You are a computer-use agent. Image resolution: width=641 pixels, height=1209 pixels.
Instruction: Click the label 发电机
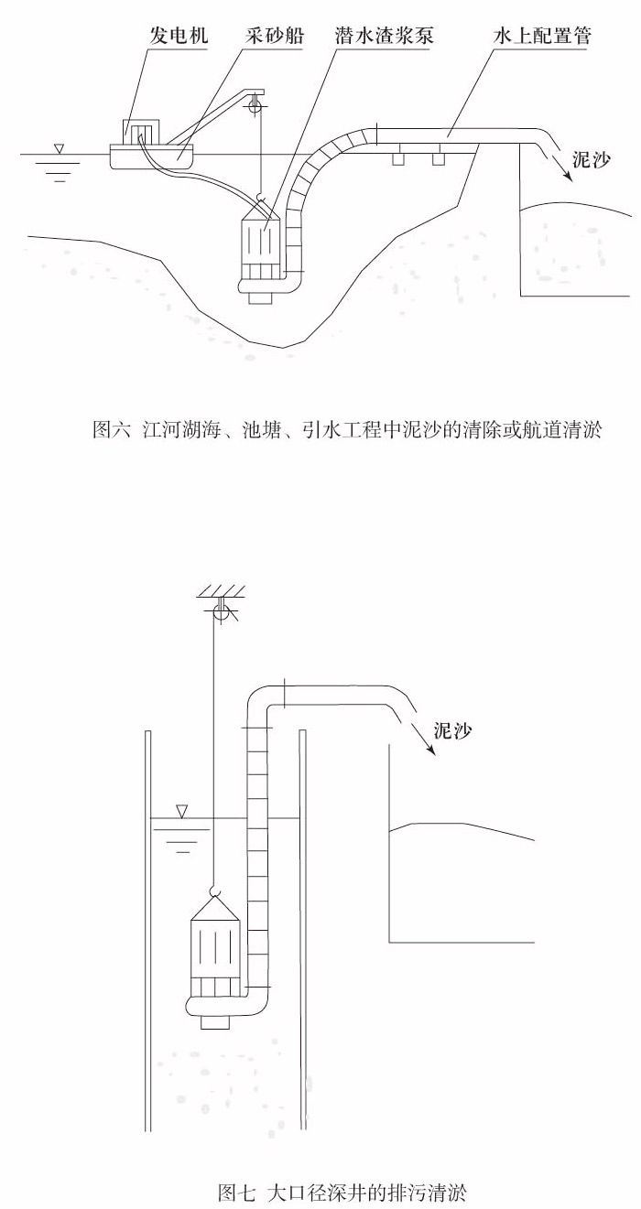pyautogui.click(x=179, y=36)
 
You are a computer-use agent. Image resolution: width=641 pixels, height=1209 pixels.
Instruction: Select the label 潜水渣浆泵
pyautogui.click(x=384, y=36)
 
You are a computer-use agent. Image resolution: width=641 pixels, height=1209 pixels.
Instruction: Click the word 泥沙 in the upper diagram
pyautogui.click(x=591, y=160)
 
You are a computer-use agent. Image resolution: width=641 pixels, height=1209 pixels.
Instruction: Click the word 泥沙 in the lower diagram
pyautogui.click(x=452, y=730)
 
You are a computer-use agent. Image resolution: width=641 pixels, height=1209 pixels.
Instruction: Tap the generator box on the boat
pyautogui.click(x=142, y=132)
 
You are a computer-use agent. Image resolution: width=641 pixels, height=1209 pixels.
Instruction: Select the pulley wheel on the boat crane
pyautogui.click(x=255, y=104)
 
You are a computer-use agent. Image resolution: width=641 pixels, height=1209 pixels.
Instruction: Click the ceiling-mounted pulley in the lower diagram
pyautogui.click(x=222, y=612)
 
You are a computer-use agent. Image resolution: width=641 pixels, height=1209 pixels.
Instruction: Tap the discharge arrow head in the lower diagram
pyautogui.click(x=431, y=747)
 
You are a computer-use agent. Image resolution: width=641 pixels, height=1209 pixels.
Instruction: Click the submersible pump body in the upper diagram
pyautogui.click(x=259, y=254)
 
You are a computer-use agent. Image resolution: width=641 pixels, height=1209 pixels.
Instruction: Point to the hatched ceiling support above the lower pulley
pyautogui.click(x=221, y=590)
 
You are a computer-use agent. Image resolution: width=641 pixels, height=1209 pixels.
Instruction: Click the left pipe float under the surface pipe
pyautogui.click(x=398, y=159)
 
